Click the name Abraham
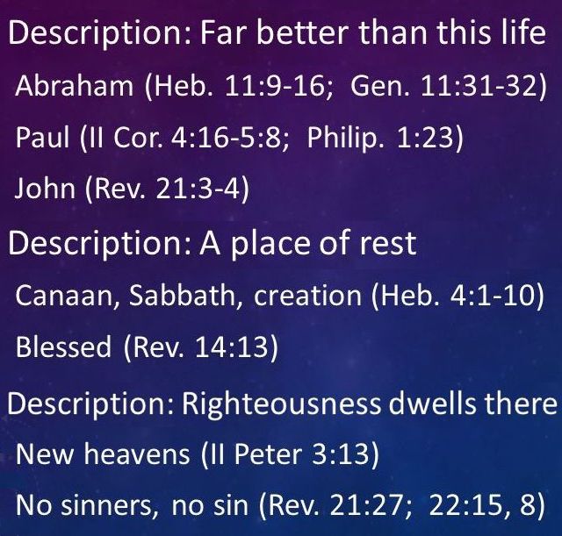tap(74, 86)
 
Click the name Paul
tap(42, 138)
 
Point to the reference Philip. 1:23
tap(380, 138)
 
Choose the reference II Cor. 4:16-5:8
tap(185, 138)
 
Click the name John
tap(45, 189)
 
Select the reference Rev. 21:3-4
tap(167, 189)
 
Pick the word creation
tap(307, 296)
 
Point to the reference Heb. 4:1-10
tap(458, 296)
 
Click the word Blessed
tap(63, 347)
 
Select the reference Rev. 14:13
tap(200, 347)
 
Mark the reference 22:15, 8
tap(482, 505)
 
